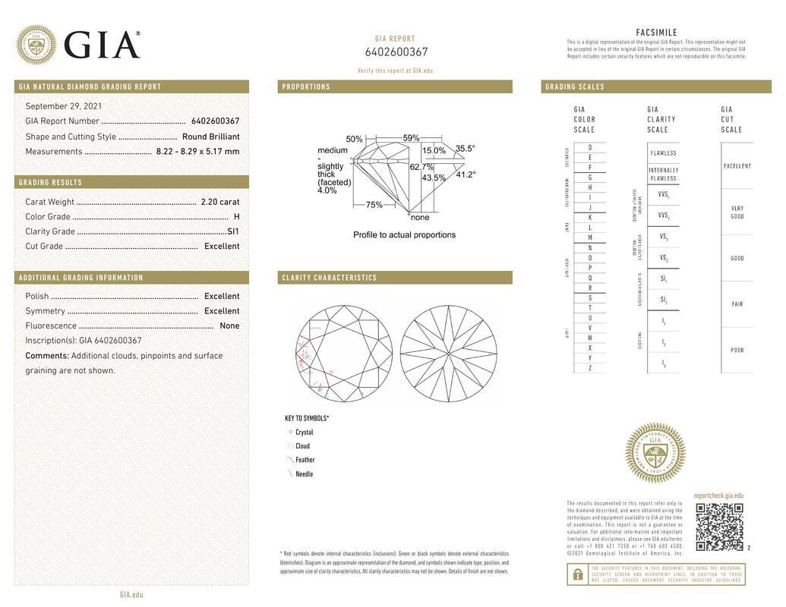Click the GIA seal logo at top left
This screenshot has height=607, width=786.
(36, 45)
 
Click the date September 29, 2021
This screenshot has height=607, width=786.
(64, 106)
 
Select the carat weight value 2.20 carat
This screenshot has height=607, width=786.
(219, 202)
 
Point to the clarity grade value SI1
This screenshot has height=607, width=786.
(232, 231)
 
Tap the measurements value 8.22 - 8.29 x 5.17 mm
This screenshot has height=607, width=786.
(197, 151)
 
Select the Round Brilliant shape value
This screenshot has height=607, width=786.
(210, 137)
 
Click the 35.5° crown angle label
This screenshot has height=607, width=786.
(465, 149)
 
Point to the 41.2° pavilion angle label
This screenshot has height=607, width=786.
(466, 175)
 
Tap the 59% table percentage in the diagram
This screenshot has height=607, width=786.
(411, 138)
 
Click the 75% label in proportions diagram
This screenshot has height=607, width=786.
(374, 205)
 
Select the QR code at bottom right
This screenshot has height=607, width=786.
(718, 527)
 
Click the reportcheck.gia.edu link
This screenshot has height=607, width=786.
(718, 495)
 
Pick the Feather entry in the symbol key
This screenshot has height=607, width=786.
(305, 460)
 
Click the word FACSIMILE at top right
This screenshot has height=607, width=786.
(656, 33)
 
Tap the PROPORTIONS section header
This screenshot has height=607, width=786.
(306, 87)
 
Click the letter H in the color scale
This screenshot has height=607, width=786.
(590, 187)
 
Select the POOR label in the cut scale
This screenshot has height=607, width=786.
(737, 351)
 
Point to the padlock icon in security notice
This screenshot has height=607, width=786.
(578, 574)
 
